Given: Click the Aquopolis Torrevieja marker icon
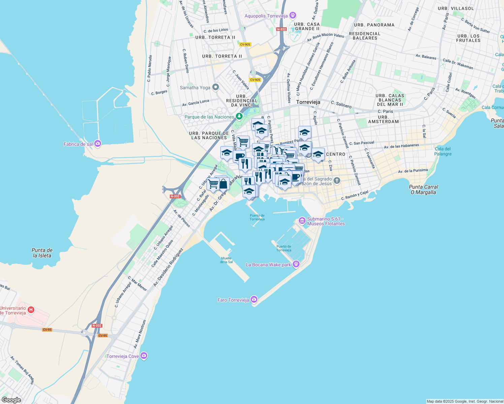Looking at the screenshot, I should tap(293, 15).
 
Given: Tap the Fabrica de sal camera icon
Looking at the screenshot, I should tap(98, 144).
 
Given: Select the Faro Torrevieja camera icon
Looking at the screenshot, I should tap(254, 299).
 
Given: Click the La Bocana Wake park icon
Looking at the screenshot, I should tap(296, 264).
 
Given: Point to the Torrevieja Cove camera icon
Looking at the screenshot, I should tap(144, 356).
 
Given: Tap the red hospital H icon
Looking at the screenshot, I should tap(31, 310).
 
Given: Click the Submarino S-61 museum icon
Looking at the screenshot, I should tap(302, 221).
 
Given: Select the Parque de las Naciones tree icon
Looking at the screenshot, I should tap(239, 116).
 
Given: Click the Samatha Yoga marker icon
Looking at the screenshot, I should tap(216, 88).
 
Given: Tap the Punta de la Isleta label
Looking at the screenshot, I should tap(42, 253).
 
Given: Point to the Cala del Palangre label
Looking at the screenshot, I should tap(443, 151).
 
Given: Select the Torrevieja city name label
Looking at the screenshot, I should tap(308, 102).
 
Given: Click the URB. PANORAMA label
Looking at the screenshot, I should tap(374, 25).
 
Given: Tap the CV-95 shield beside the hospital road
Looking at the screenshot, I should tap(47, 330).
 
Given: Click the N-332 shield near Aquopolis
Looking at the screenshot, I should tap(281, 29).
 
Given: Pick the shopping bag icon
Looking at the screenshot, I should tap(223, 184).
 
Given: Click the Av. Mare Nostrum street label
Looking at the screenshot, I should tap(140, 334).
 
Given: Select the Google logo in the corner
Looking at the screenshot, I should tap(11, 400).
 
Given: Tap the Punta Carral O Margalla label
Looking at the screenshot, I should tap(423, 190).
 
